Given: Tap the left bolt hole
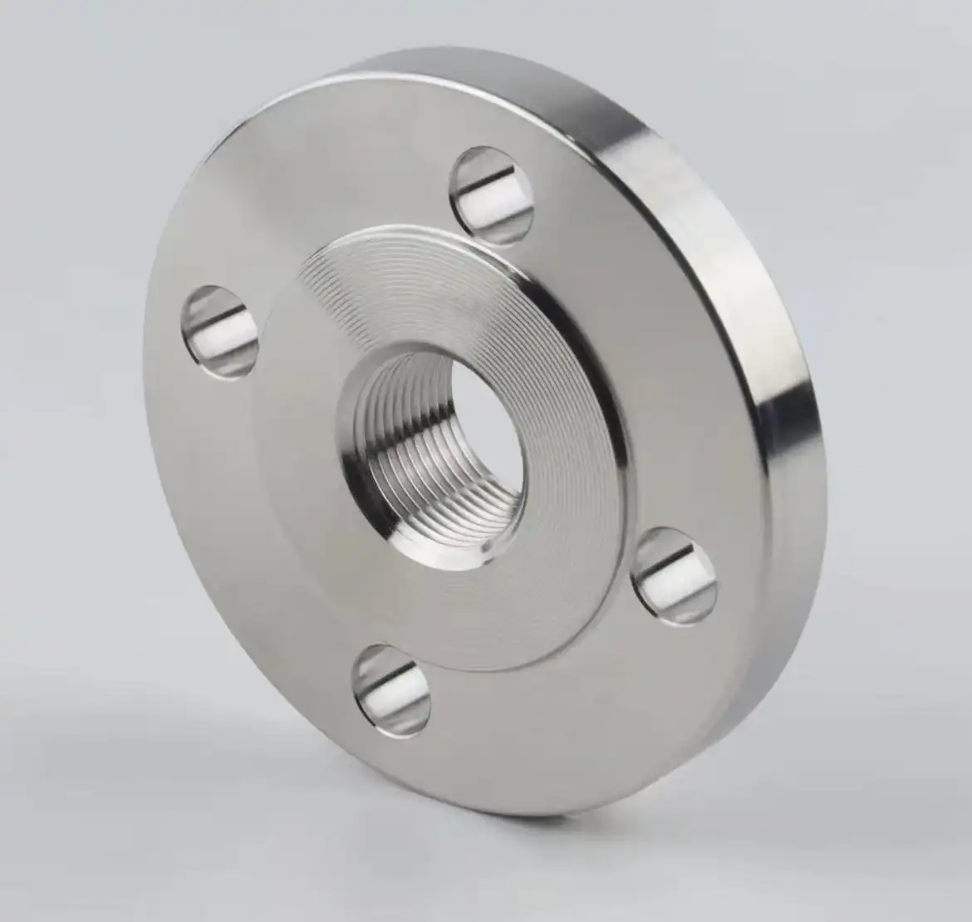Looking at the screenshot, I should pos(219,331).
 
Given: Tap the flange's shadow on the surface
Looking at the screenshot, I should pos(249,797).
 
